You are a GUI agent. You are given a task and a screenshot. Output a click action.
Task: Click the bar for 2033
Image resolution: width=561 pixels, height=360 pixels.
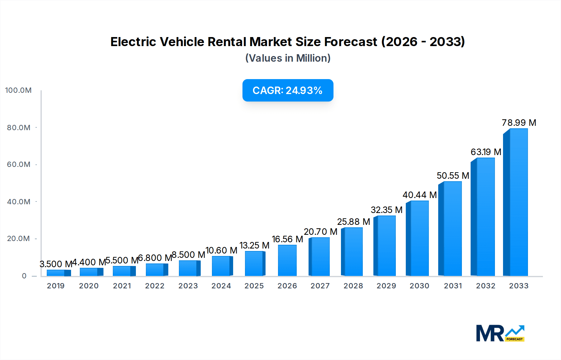(x=516, y=202)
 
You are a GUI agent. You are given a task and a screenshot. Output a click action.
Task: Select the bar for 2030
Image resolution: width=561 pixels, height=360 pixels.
(x=418, y=238)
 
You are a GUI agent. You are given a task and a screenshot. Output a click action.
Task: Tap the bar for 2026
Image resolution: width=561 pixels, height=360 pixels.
(x=287, y=260)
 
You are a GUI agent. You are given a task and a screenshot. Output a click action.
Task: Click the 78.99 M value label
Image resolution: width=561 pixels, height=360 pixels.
(x=519, y=123)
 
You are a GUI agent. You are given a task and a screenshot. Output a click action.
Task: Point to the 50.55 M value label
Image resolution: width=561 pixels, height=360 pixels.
(x=453, y=176)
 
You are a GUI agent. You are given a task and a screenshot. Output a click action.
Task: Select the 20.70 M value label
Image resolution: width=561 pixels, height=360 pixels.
(x=320, y=232)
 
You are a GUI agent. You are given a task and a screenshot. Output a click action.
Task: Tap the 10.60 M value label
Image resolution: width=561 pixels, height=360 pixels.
(x=221, y=250)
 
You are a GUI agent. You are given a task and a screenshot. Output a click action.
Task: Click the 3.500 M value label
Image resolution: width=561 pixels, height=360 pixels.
(x=56, y=264)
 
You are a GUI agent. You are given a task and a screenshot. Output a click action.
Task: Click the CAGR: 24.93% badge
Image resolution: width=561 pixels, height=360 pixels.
(x=288, y=90)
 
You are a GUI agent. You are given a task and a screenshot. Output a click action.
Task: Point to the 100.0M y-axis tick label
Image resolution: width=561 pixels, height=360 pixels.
(x=18, y=90)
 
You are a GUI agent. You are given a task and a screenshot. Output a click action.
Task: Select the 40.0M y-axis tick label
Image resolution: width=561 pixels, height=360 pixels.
(x=19, y=202)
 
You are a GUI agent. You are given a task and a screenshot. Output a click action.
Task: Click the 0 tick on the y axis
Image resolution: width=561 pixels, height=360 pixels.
(x=24, y=276)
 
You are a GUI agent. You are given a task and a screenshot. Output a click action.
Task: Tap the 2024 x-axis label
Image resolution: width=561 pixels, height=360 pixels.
(x=221, y=286)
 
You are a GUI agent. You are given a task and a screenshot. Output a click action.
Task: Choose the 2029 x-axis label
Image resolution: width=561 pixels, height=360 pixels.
(x=386, y=286)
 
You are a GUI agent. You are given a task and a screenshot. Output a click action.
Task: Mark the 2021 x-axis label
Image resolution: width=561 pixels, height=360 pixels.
(x=122, y=286)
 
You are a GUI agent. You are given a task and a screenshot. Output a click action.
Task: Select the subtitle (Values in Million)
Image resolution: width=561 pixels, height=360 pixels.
(x=288, y=58)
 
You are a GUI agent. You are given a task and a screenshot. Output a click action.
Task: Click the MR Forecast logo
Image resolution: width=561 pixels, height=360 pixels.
(x=500, y=333)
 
